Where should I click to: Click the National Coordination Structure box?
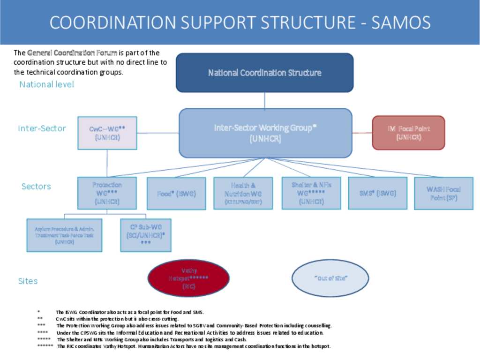[264, 73]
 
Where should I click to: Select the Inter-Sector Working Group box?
[265, 133]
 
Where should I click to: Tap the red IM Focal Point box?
[408, 133]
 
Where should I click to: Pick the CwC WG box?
[107, 133]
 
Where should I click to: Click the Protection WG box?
[107, 193]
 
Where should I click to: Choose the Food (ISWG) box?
[176, 193]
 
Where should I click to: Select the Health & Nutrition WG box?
[243, 193]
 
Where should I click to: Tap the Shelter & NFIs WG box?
[311, 193]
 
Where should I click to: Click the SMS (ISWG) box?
[377, 193]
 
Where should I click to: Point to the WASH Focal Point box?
[443, 193]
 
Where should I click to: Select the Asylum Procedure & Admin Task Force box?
[64, 235]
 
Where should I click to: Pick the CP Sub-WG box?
[145, 235]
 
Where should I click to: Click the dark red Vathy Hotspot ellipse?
[188, 278]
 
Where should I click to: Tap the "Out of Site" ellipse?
[330, 278]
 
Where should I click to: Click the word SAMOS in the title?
[401, 22]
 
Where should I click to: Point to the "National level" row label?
[46, 84]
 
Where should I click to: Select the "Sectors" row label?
[36, 186]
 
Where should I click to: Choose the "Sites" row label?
[28, 281]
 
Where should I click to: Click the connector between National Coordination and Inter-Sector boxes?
[264, 100]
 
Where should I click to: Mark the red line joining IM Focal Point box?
[362, 133]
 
